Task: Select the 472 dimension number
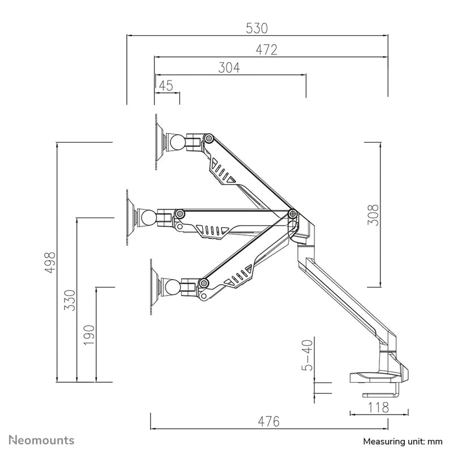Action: pyautogui.click(x=266, y=50)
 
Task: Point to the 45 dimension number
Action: pyautogui.click(x=165, y=86)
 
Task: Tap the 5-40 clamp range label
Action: pyautogui.click(x=307, y=355)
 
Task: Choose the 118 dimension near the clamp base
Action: pyautogui.click(x=378, y=407)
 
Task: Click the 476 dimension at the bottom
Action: pyautogui.click(x=269, y=422)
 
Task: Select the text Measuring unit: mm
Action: pyautogui.click(x=402, y=441)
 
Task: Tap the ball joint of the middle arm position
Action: pyautogui.click(x=148, y=217)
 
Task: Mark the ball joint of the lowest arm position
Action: pyautogui.click(x=171, y=287)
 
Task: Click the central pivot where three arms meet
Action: pyautogui.click(x=293, y=213)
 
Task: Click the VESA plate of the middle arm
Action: pyautogui.click(x=129, y=217)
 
